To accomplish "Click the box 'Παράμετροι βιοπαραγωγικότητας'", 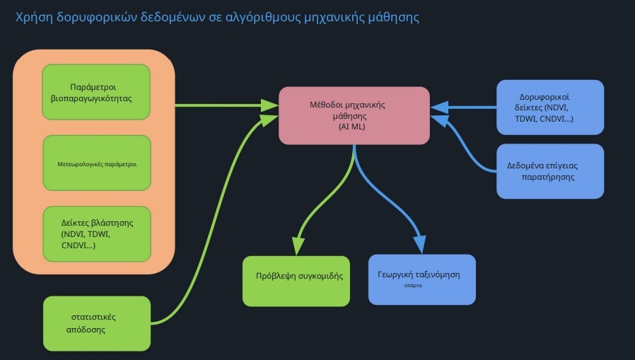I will point(96,93).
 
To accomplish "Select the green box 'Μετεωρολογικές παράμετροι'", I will point(96,163).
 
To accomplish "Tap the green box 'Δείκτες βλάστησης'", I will point(96,233).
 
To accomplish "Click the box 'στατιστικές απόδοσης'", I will point(97,323).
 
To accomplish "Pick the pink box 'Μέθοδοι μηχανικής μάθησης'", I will point(354,115).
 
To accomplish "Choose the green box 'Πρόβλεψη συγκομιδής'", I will point(296,280).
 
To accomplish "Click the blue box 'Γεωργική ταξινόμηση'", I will point(422,279).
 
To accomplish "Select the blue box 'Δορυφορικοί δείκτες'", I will point(550,107).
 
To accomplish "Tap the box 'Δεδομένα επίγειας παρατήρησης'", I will point(550,171).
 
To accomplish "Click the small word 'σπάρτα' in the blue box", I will point(413,286).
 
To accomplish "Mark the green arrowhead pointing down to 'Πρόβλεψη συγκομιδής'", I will point(298,245).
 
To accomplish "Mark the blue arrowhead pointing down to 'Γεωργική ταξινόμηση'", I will point(419,243).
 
